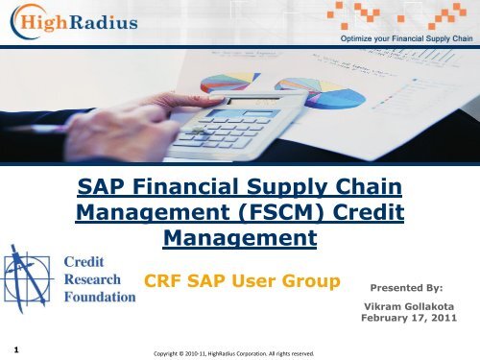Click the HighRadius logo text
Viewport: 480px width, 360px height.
(86, 22)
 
